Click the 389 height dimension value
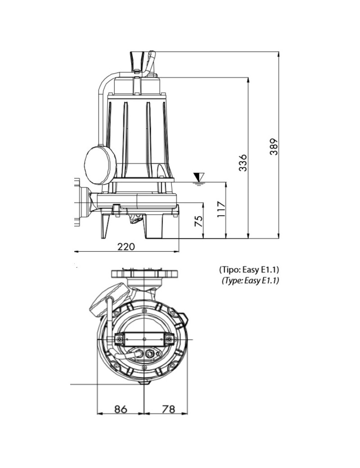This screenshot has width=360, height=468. click(x=274, y=147)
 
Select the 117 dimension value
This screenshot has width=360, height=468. click(x=221, y=210)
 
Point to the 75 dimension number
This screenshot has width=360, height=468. click(x=199, y=221)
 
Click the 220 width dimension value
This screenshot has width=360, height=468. click(x=126, y=247)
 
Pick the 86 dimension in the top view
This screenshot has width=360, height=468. click(x=121, y=409)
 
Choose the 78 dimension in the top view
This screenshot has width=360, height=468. click(x=168, y=409)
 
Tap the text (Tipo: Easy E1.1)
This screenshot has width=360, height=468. click(x=249, y=270)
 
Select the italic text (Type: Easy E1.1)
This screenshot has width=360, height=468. click(x=250, y=280)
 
